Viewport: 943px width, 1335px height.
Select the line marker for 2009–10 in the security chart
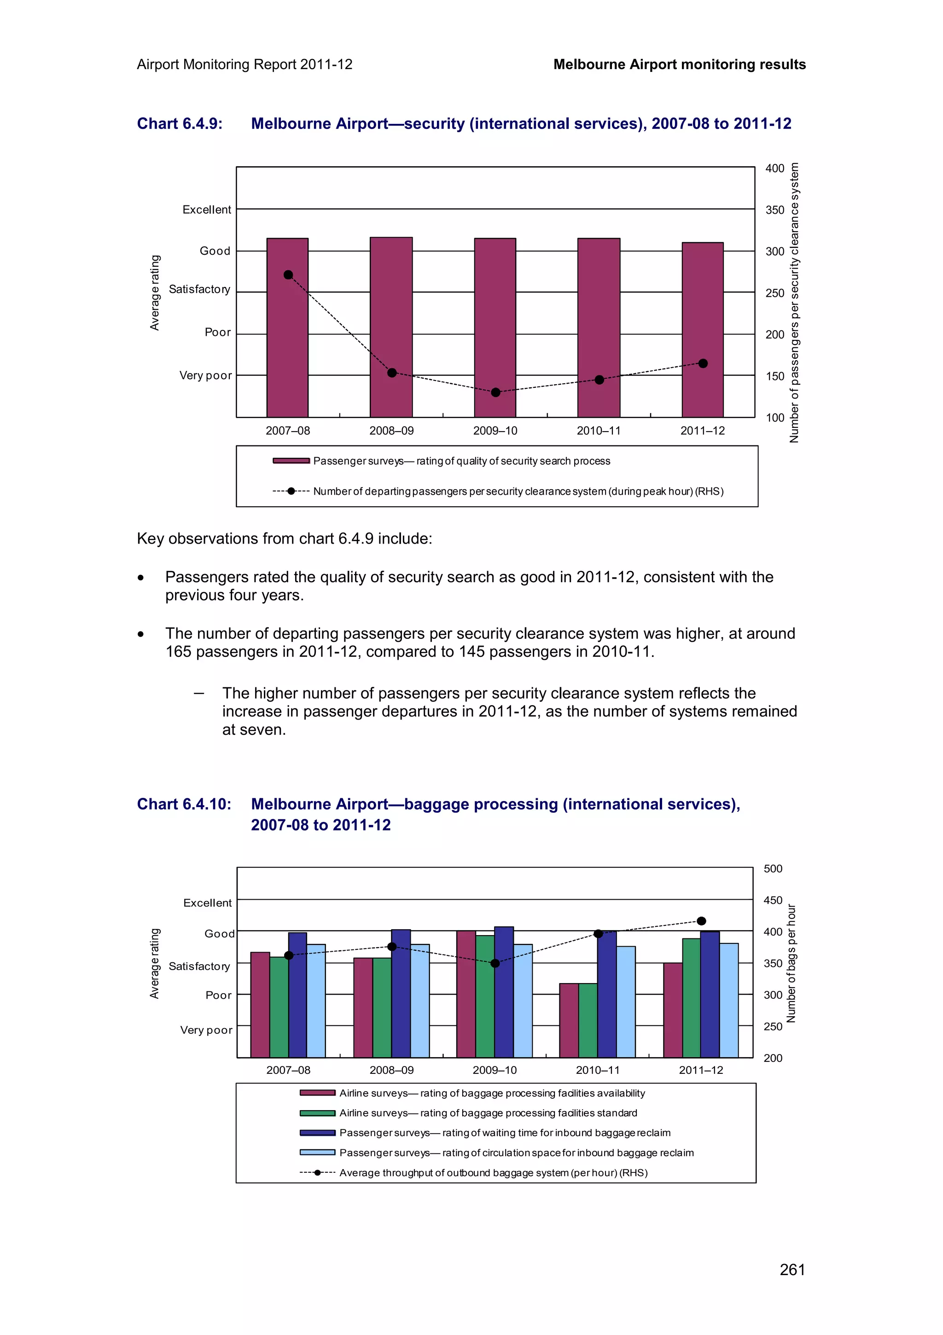coord(495,392)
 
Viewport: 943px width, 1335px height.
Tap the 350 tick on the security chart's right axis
coord(774,210)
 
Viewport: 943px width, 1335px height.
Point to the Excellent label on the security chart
coord(206,209)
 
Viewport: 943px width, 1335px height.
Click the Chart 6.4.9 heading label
coord(180,124)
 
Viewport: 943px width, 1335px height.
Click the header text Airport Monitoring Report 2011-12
coord(244,64)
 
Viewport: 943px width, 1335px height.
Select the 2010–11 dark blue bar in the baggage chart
coord(606,994)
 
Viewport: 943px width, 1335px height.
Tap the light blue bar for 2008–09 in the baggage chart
coord(419,1000)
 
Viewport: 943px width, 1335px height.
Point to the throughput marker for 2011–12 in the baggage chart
coord(701,921)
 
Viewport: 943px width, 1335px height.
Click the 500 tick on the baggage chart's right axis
coord(773,869)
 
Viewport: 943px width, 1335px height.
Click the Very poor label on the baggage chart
coord(206,1031)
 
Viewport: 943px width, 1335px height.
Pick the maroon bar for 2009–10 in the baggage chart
coord(466,994)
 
